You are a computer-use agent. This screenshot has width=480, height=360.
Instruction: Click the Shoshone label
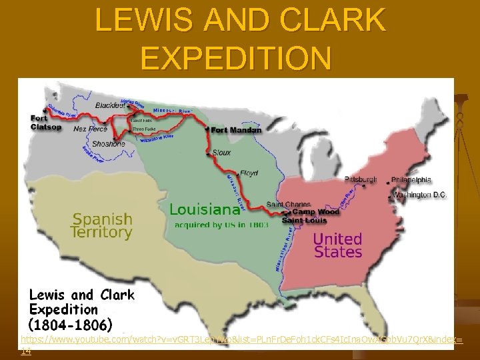(x=109, y=143)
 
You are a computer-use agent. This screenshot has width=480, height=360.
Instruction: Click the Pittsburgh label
(x=360, y=180)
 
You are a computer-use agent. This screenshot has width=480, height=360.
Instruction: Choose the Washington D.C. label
(x=420, y=195)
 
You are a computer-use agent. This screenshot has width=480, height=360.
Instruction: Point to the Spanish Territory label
(x=102, y=225)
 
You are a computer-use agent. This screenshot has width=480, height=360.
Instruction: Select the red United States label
(x=337, y=245)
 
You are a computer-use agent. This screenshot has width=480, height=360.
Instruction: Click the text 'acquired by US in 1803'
(x=221, y=225)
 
